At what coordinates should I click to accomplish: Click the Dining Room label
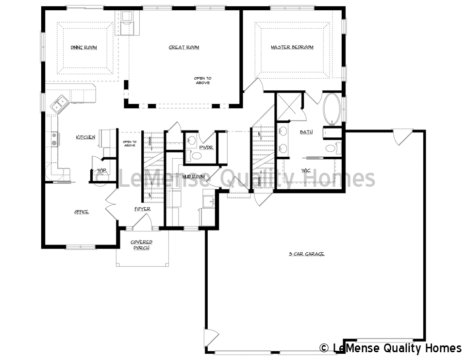(x=83, y=48)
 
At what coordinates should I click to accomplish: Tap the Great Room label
(x=183, y=48)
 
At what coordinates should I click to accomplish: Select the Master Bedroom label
(x=292, y=48)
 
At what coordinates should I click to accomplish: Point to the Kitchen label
(x=85, y=138)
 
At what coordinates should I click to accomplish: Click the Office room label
(x=81, y=212)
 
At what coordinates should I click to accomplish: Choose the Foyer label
(x=142, y=209)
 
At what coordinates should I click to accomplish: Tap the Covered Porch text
(x=142, y=245)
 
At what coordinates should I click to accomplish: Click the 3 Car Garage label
(x=306, y=254)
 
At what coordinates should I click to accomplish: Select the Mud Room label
(x=193, y=177)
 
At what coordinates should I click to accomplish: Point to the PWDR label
(x=206, y=147)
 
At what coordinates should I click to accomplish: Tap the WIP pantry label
(x=101, y=170)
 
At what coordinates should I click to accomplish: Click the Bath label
(x=306, y=132)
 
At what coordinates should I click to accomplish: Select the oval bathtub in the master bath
(x=332, y=108)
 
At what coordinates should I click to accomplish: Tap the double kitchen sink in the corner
(x=60, y=103)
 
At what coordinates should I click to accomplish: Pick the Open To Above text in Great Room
(x=202, y=81)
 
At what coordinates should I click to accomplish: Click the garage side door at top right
(x=402, y=137)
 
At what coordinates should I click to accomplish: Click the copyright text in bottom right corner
(x=390, y=348)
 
